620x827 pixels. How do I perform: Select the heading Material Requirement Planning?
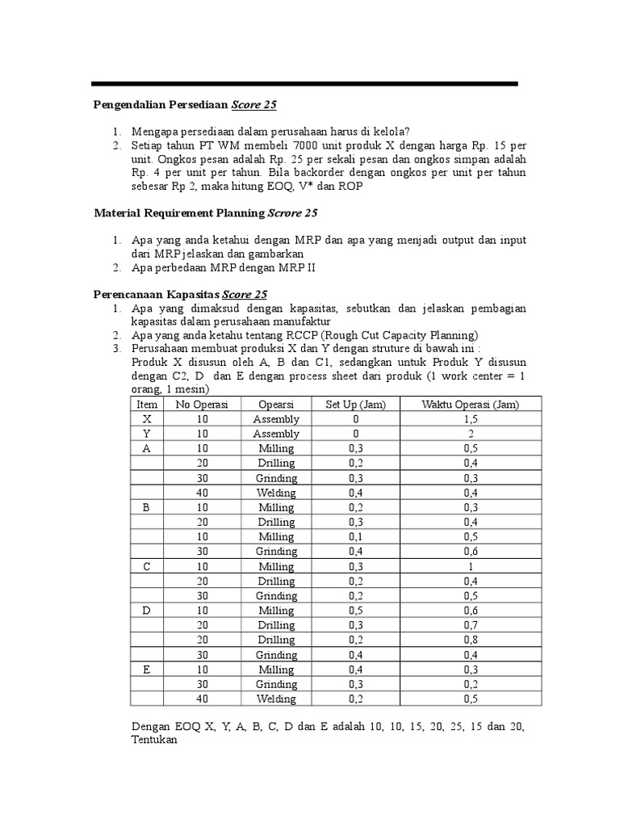[178, 213]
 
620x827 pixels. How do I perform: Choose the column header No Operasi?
[202, 405]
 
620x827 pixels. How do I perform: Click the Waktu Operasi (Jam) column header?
[470, 405]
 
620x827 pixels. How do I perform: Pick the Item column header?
[147, 405]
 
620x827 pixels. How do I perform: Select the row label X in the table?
[147, 419]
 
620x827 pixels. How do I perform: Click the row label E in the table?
[147, 670]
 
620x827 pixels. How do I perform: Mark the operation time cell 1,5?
[470, 419]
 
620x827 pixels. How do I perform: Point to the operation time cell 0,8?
[470, 640]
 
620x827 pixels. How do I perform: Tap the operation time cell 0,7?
[470, 626]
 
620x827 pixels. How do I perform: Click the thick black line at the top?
[304, 83]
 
